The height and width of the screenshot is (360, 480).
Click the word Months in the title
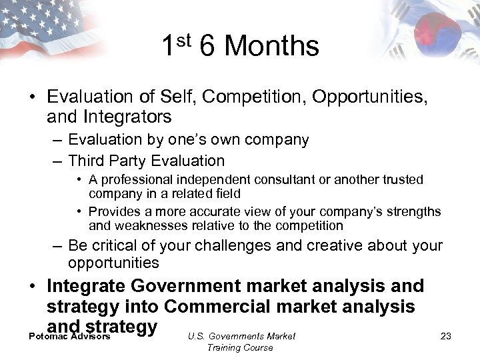click(x=272, y=47)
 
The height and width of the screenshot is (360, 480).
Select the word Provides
click(x=114, y=212)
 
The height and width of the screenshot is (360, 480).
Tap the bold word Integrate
click(x=87, y=286)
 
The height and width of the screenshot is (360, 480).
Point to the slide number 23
click(x=446, y=336)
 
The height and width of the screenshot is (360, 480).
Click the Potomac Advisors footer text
click(x=69, y=337)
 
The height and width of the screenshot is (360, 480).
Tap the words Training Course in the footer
click(x=240, y=347)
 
